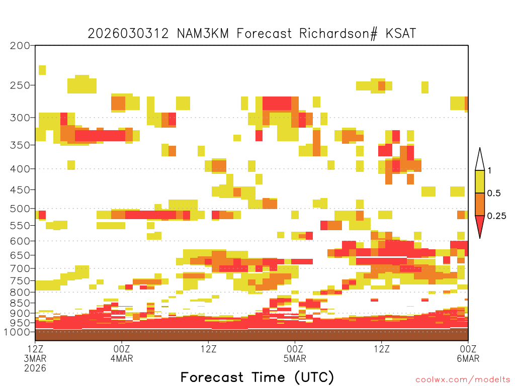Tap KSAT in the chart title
[401, 34]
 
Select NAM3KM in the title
[203, 34]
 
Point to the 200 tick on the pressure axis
[20, 46]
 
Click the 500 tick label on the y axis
[20, 209]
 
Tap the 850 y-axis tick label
[20, 303]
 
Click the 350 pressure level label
[20, 145]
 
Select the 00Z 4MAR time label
[122, 353]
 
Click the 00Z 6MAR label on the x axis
[468, 353]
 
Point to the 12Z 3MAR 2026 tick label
[35, 358]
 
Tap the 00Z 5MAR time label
[295, 353]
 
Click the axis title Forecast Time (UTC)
[257, 377]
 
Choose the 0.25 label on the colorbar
[496, 216]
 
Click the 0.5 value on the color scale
[494, 194]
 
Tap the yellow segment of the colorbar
[480, 181]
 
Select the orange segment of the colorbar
[480, 204]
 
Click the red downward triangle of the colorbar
[480, 225]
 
